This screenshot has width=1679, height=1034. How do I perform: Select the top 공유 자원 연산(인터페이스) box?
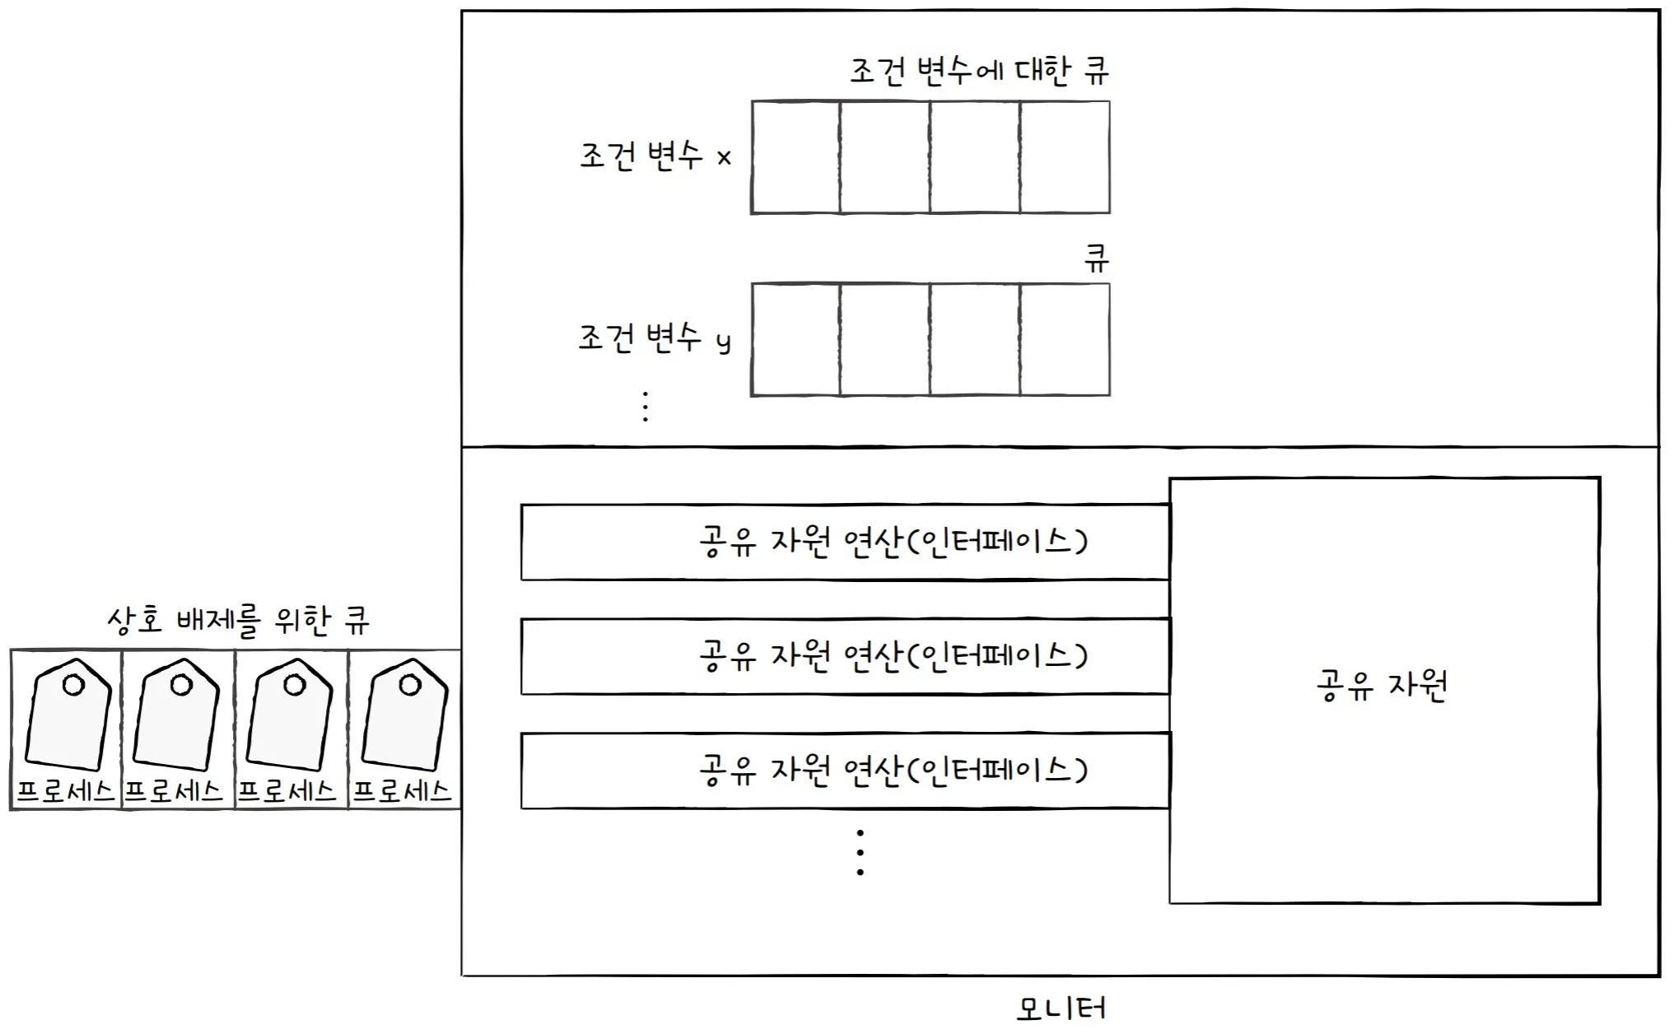[x=845, y=542]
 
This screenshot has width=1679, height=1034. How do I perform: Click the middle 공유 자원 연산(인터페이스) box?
[x=845, y=656]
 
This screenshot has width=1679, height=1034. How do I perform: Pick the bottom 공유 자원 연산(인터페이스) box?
[x=845, y=771]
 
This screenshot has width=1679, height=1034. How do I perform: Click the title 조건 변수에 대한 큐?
[x=979, y=71]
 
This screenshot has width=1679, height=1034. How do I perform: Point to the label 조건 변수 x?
[x=655, y=156]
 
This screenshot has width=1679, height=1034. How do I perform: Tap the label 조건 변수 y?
[x=655, y=338]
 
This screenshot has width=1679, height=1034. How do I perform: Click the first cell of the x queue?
[x=795, y=157]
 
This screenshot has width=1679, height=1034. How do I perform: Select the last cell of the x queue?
[x=1065, y=157]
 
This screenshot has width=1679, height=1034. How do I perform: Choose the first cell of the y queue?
[x=795, y=340]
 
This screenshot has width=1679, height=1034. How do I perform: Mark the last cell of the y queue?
[x=1065, y=340]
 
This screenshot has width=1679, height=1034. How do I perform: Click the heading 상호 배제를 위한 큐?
[x=238, y=620]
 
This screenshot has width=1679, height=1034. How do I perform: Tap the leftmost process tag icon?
[x=69, y=715]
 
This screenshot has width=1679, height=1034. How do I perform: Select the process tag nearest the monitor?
[x=406, y=715]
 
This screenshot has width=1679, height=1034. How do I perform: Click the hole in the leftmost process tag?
[x=74, y=684]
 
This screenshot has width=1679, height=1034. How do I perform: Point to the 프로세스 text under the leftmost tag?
[x=65, y=791]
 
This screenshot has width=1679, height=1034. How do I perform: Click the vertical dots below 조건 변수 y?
[x=646, y=407]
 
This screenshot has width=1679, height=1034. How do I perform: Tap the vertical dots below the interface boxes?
[x=860, y=852]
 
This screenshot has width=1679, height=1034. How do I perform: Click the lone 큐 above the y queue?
[x=1096, y=259]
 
